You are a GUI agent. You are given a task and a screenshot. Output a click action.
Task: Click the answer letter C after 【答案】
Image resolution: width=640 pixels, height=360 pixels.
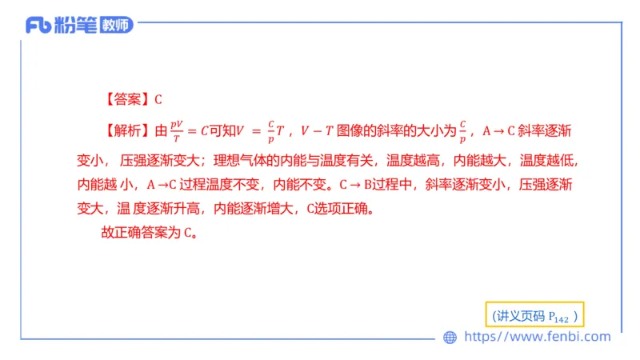158,100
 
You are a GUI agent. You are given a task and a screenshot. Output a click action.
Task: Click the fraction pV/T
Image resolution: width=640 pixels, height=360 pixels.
178,129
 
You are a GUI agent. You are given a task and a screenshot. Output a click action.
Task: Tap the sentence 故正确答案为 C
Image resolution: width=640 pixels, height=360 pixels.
149,234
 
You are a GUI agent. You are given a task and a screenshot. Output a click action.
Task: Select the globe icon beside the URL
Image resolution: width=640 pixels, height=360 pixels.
450,338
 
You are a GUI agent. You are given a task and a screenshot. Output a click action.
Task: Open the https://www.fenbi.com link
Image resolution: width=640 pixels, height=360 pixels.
538,338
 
